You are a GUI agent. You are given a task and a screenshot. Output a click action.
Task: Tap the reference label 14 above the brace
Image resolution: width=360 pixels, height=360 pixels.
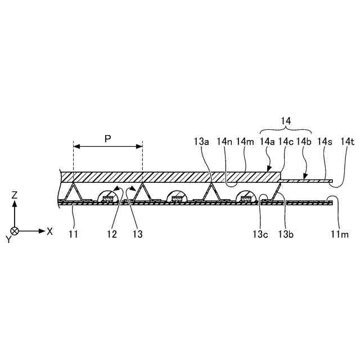pos(286,120)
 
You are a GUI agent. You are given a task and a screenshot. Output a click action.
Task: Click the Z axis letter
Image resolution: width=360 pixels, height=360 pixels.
pos(15,195)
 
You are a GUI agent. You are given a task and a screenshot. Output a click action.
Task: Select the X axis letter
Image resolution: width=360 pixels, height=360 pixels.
pos(50,231)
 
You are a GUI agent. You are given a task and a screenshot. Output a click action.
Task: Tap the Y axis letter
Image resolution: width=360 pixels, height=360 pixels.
pos(8,239)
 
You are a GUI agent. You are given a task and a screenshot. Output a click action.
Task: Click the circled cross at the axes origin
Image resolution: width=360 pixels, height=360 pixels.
pos(15,231)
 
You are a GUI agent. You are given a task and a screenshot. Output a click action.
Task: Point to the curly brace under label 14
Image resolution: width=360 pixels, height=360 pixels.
pos(286,130)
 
